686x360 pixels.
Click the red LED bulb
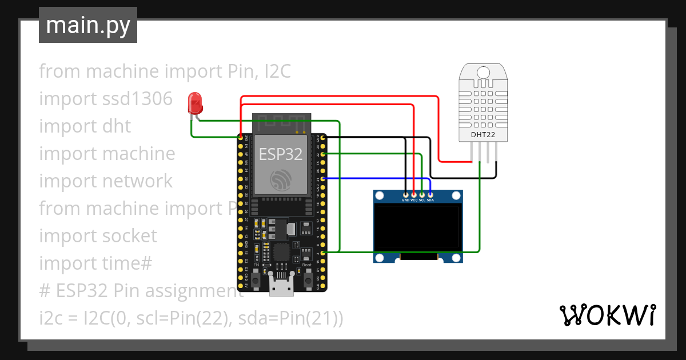(x=195, y=104)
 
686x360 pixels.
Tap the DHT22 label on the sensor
(x=483, y=135)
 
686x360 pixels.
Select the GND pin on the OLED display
(x=405, y=195)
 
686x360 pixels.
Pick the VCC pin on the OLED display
(x=414, y=195)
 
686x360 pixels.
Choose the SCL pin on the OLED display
(x=422, y=195)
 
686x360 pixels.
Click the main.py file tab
(x=87, y=25)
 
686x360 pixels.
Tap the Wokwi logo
(x=607, y=315)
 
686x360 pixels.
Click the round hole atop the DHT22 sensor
(x=483, y=73)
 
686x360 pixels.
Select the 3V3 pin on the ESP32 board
(x=241, y=138)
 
